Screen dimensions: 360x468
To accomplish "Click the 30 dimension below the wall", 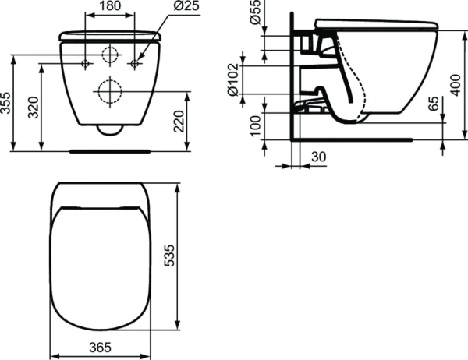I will tap(318, 157).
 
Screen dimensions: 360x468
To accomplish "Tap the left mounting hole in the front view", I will tap(86, 62).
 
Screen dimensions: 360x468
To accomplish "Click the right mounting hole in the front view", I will tap(136, 62).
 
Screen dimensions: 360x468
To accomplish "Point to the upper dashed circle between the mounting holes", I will tap(111, 56).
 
